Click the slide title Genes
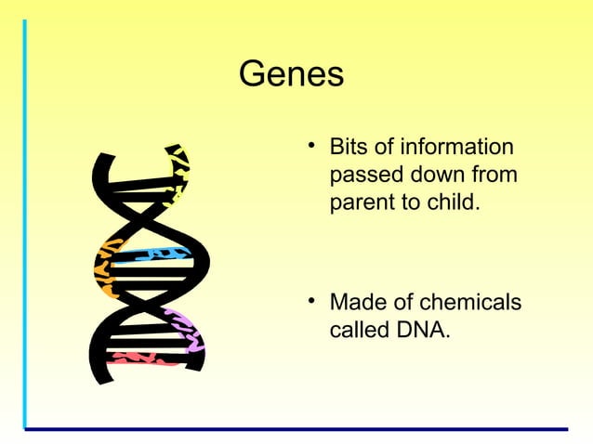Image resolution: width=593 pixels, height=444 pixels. pyautogui.click(x=291, y=74)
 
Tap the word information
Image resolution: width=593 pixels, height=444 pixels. pyautogui.click(x=454, y=148)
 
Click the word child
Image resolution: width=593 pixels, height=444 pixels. pyautogui.click(x=456, y=202)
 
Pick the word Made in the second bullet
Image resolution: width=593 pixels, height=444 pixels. pyautogui.click(x=359, y=304)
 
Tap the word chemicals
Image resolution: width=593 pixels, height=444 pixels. pyautogui.click(x=469, y=304)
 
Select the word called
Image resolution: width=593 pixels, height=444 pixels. pyautogui.click(x=362, y=330)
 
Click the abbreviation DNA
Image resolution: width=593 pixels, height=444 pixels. pyautogui.click(x=427, y=330)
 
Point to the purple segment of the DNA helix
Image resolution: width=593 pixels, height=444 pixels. pyautogui.click(x=189, y=331)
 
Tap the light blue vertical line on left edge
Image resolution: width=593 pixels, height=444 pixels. pyautogui.click(x=25, y=223)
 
